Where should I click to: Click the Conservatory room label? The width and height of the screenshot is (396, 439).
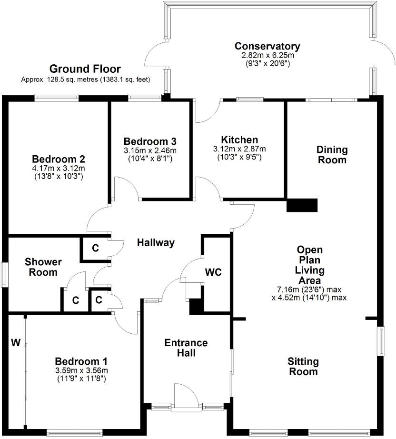tap(267, 46)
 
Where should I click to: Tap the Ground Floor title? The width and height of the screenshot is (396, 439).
tap(85, 69)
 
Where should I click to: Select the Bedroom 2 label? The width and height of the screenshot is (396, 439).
tap(59, 159)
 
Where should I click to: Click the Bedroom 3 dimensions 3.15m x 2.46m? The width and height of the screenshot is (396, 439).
tap(150, 150)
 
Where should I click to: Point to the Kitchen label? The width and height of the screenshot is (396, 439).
tap(239, 140)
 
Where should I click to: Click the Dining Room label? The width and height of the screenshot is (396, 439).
tap(332, 155)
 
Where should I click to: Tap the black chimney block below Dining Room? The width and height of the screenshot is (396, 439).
tap(302, 205)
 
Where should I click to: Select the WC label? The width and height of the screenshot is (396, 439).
tap(214, 272)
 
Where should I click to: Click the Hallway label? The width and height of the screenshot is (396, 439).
tap(156, 243)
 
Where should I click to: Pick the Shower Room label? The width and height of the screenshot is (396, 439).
tap(43, 267)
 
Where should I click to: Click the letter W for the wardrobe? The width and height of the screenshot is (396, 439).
tap(16, 342)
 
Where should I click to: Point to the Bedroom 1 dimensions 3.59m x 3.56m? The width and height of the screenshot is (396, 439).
tap(81, 371)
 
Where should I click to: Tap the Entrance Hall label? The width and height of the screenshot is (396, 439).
tap(186, 348)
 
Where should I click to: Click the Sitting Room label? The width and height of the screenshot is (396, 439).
tap(303, 366)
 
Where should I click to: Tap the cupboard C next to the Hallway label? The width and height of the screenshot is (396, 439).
tap(95, 248)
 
